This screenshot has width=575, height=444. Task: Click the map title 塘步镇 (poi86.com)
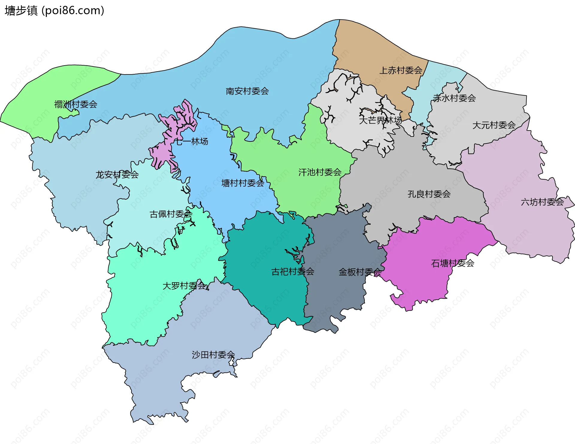[x=55, y=10]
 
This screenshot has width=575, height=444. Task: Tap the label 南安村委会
[x=247, y=91]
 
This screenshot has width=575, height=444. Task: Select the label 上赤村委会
[x=401, y=70]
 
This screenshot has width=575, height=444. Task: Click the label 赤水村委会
[x=454, y=98]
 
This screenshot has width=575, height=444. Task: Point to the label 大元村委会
[x=494, y=125]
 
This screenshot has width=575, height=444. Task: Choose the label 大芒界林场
[x=380, y=120]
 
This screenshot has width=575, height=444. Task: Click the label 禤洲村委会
[x=76, y=104]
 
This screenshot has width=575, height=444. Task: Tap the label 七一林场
[x=191, y=141]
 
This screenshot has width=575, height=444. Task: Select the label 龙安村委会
[x=117, y=175]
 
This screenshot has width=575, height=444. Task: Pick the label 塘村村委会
[x=243, y=183]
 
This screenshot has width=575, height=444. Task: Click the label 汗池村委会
[x=320, y=172]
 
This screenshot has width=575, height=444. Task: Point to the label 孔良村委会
[x=429, y=194]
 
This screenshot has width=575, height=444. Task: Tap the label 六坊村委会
[x=542, y=202]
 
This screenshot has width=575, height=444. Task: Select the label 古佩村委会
[x=171, y=214]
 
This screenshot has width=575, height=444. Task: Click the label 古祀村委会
[x=293, y=272]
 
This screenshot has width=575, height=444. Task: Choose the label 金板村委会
[x=360, y=272]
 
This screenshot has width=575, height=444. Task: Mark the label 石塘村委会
[x=453, y=263]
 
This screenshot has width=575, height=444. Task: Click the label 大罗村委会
[x=184, y=286]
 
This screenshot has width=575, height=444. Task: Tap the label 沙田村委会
[x=213, y=355]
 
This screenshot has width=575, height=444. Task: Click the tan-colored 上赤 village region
[x=365, y=48]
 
